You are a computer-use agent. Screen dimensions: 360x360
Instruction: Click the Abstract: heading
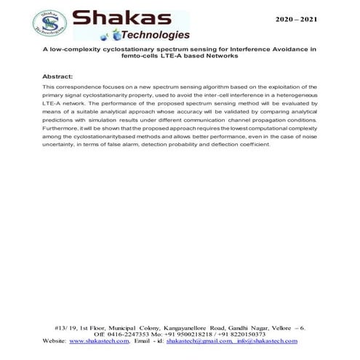pyautogui.click(x=57, y=76)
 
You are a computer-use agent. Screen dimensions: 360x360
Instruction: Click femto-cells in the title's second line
pyautogui.click(x=129, y=55)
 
